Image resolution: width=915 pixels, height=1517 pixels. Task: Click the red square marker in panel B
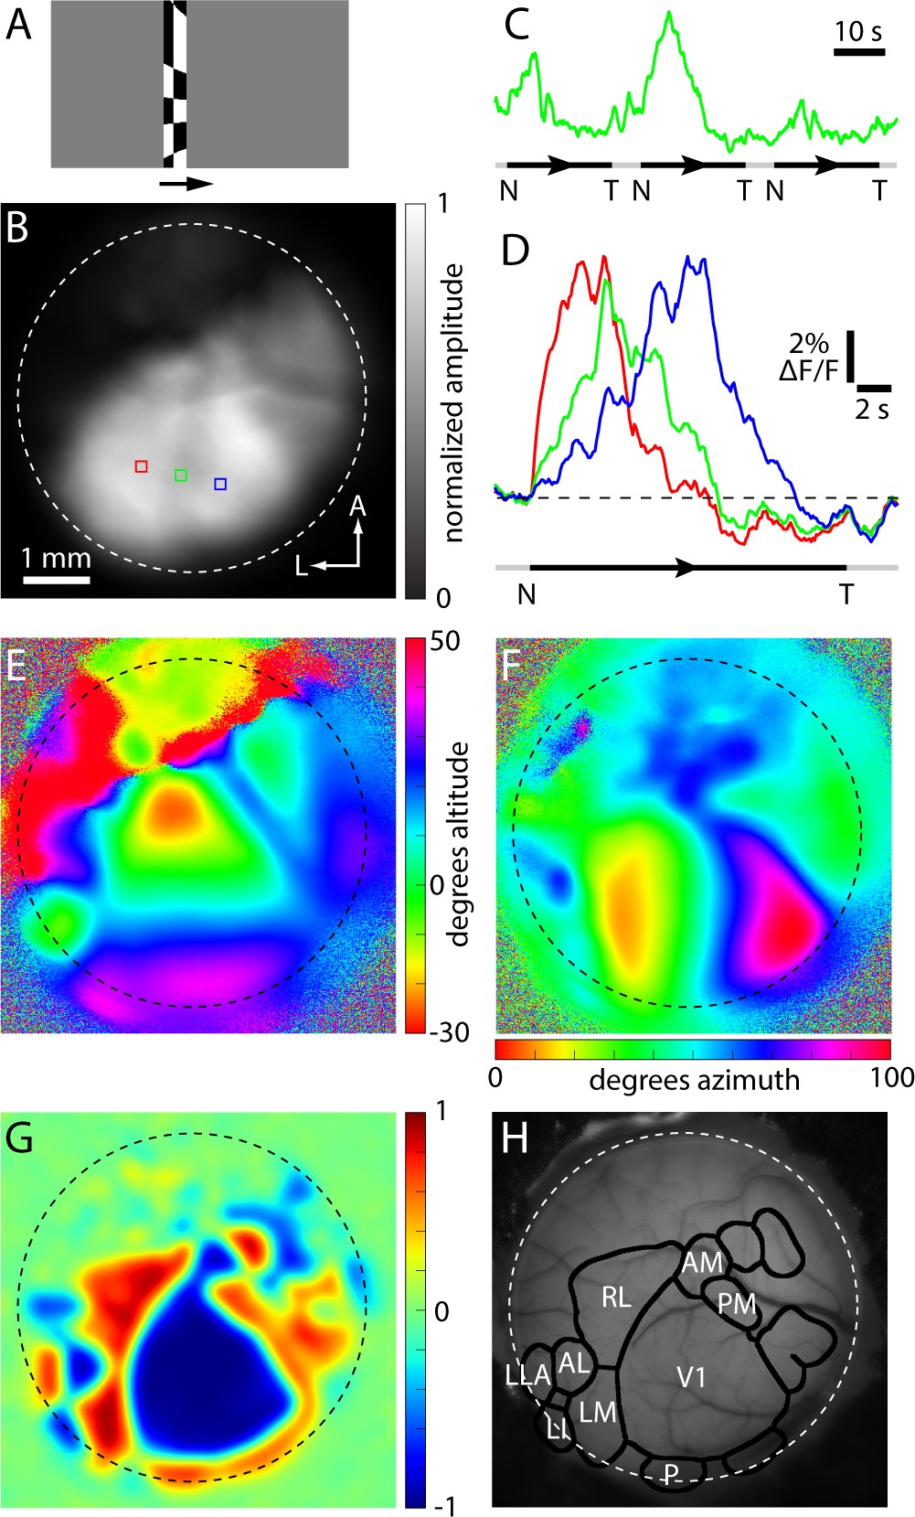tap(141, 466)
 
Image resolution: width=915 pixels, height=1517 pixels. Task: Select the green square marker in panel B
tap(181, 475)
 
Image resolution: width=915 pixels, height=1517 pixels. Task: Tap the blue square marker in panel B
tap(220, 484)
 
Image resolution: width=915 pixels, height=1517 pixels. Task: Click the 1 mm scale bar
tap(56, 580)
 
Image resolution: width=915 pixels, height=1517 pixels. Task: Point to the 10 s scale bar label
tap(858, 31)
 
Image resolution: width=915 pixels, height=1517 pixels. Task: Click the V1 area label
tap(691, 1376)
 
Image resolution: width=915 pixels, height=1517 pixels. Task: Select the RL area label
tap(616, 1297)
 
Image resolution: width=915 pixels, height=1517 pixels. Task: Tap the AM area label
tap(702, 1263)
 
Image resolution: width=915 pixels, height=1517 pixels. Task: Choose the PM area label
tap(737, 1303)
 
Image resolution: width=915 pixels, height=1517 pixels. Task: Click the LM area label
tap(598, 1413)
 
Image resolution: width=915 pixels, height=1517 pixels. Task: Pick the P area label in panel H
tap(672, 1473)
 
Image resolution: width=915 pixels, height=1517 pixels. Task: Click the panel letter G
tap(19, 1138)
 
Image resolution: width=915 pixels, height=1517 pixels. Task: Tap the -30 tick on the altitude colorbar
tap(448, 1032)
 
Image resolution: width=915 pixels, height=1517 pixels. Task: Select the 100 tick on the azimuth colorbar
tap(892, 1077)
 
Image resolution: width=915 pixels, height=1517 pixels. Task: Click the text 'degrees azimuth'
tap(694, 1080)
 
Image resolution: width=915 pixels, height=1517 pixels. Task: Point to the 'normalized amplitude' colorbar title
tap(453, 402)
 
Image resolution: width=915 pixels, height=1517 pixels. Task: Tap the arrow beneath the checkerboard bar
tap(186, 184)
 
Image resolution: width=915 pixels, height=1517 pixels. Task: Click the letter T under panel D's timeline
tap(846, 595)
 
